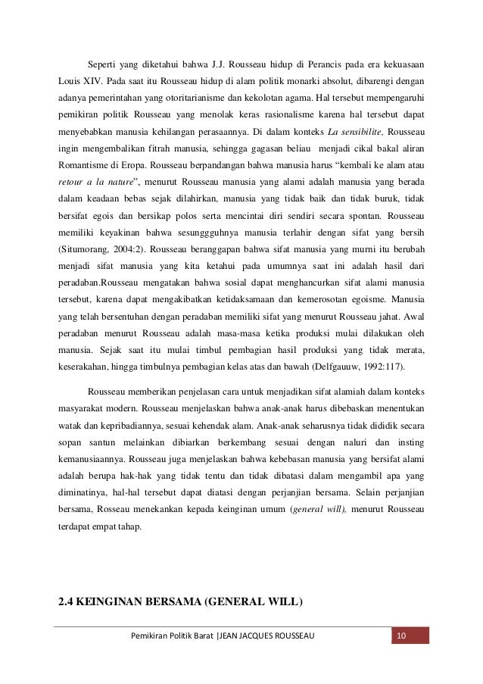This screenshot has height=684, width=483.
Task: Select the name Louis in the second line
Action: [x=70, y=79]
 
